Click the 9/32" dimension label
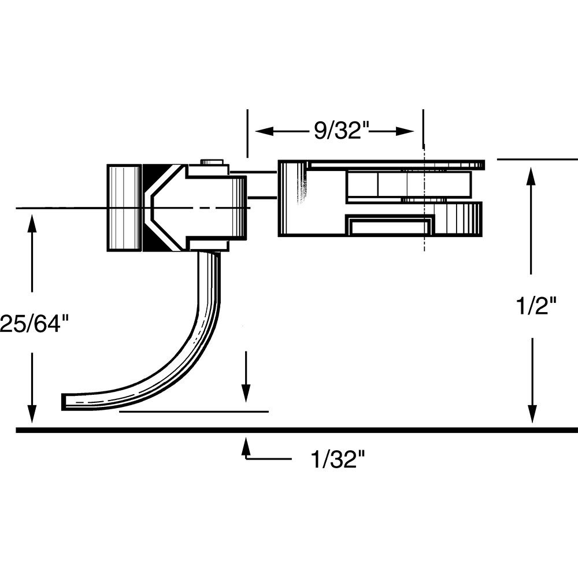pos(341,131)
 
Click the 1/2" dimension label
pos(537,305)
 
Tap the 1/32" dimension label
pos(338,460)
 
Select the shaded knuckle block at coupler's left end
pos(124,208)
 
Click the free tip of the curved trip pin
pos(65,402)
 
